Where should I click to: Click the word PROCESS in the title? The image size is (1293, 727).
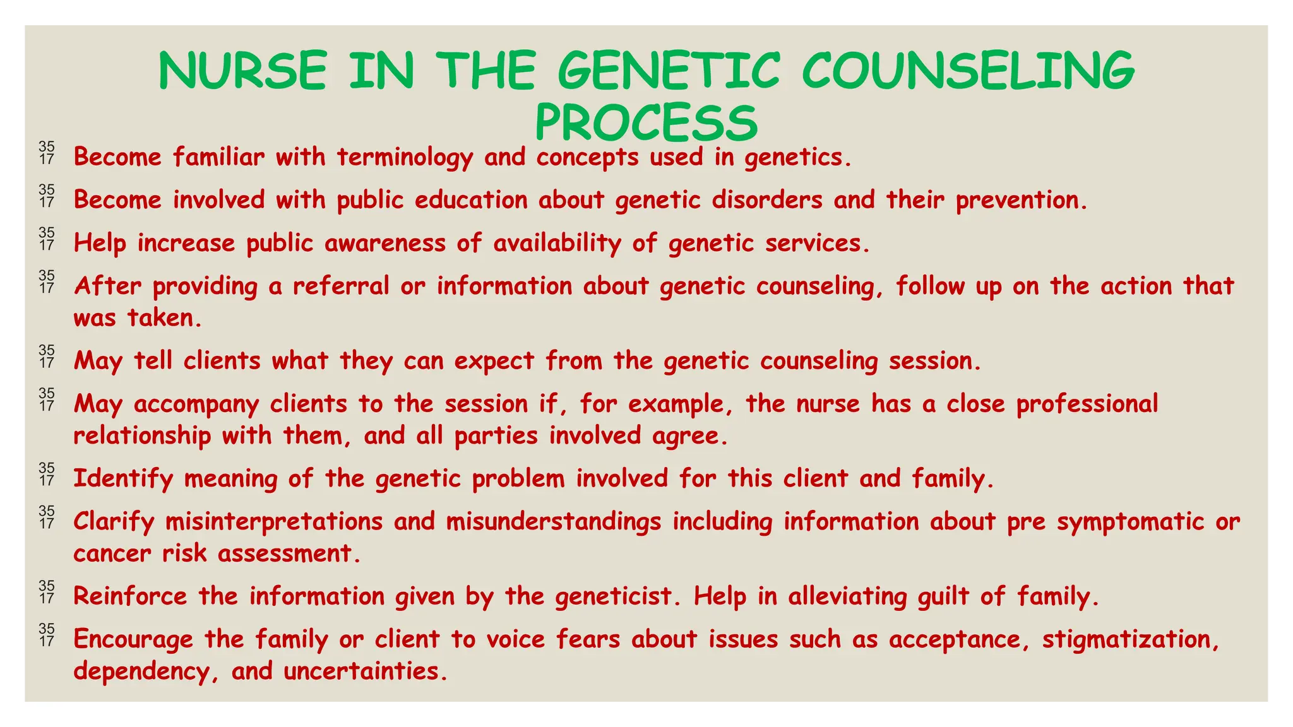pos(646,123)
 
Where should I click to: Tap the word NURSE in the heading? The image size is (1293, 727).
pos(243,70)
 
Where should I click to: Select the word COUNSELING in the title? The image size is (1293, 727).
pos(968,70)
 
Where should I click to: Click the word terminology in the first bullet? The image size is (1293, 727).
pos(405,157)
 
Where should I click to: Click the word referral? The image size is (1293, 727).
pos(341,287)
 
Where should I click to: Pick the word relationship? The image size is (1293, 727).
pos(142,436)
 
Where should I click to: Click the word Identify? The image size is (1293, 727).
pos(123,479)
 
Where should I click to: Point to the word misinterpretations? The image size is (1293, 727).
pos(274,522)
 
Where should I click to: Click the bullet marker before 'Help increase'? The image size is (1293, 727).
pos(47,239)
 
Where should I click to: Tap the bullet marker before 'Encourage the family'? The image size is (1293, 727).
pos(47,635)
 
